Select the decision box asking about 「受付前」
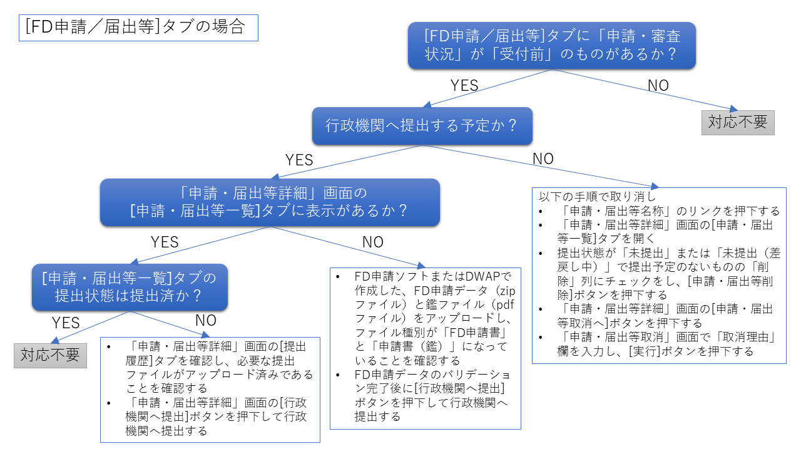[x=552, y=44]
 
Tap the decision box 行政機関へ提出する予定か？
[x=422, y=125]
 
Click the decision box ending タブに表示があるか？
[x=270, y=202]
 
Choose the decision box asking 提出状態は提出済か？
[x=130, y=287]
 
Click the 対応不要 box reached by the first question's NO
[x=737, y=122]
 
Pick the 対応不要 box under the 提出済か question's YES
[x=50, y=355]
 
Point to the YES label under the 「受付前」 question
[x=464, y=85]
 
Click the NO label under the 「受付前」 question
[x=658, y=85]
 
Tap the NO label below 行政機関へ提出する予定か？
[x=543, y=158]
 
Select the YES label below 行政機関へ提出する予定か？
[x=299, y=160]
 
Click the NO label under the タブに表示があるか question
[x=373, y=242]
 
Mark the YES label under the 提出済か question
[x=66, y=323]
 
